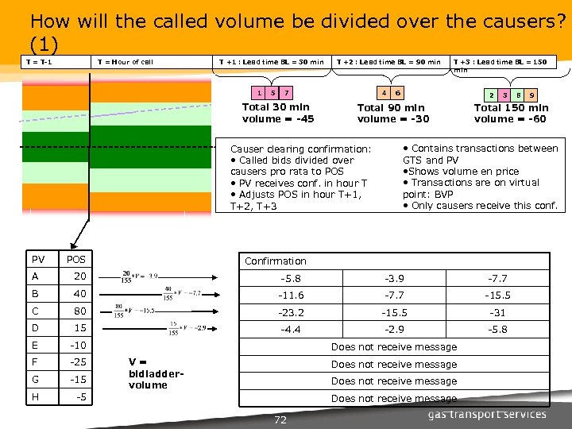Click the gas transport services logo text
[x=487, y=414]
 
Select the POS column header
[x=77, y=260]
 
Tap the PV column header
[x=38, y=260]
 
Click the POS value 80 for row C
[x=79, y=311]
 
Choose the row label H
[x=36, y=396]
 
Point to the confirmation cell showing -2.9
[x=394, y=329]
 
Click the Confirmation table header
[x=275, y=261]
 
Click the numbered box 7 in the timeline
[x=287, y=92]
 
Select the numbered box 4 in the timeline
[x=385, y=92]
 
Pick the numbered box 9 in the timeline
[x=531, y=95]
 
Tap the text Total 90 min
[x=391, y=108]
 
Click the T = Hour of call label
[x=124, y=62]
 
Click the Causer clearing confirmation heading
[x=300, y=149]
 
